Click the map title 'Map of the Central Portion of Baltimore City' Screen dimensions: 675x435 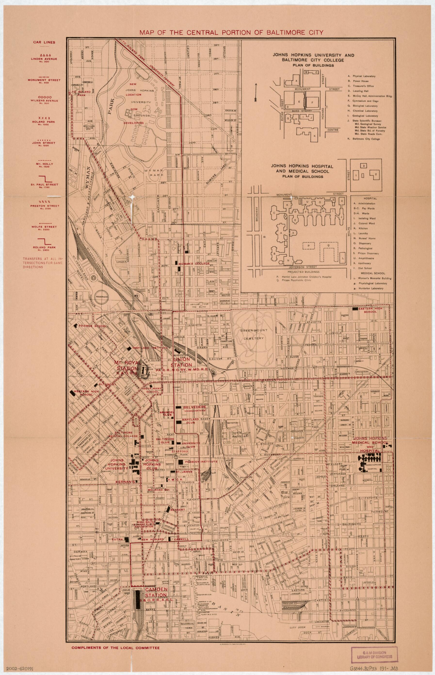click(x=231, y=32)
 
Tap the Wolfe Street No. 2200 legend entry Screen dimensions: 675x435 click(x=44, y=226)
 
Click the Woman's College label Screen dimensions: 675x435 click(x=198, y=263)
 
